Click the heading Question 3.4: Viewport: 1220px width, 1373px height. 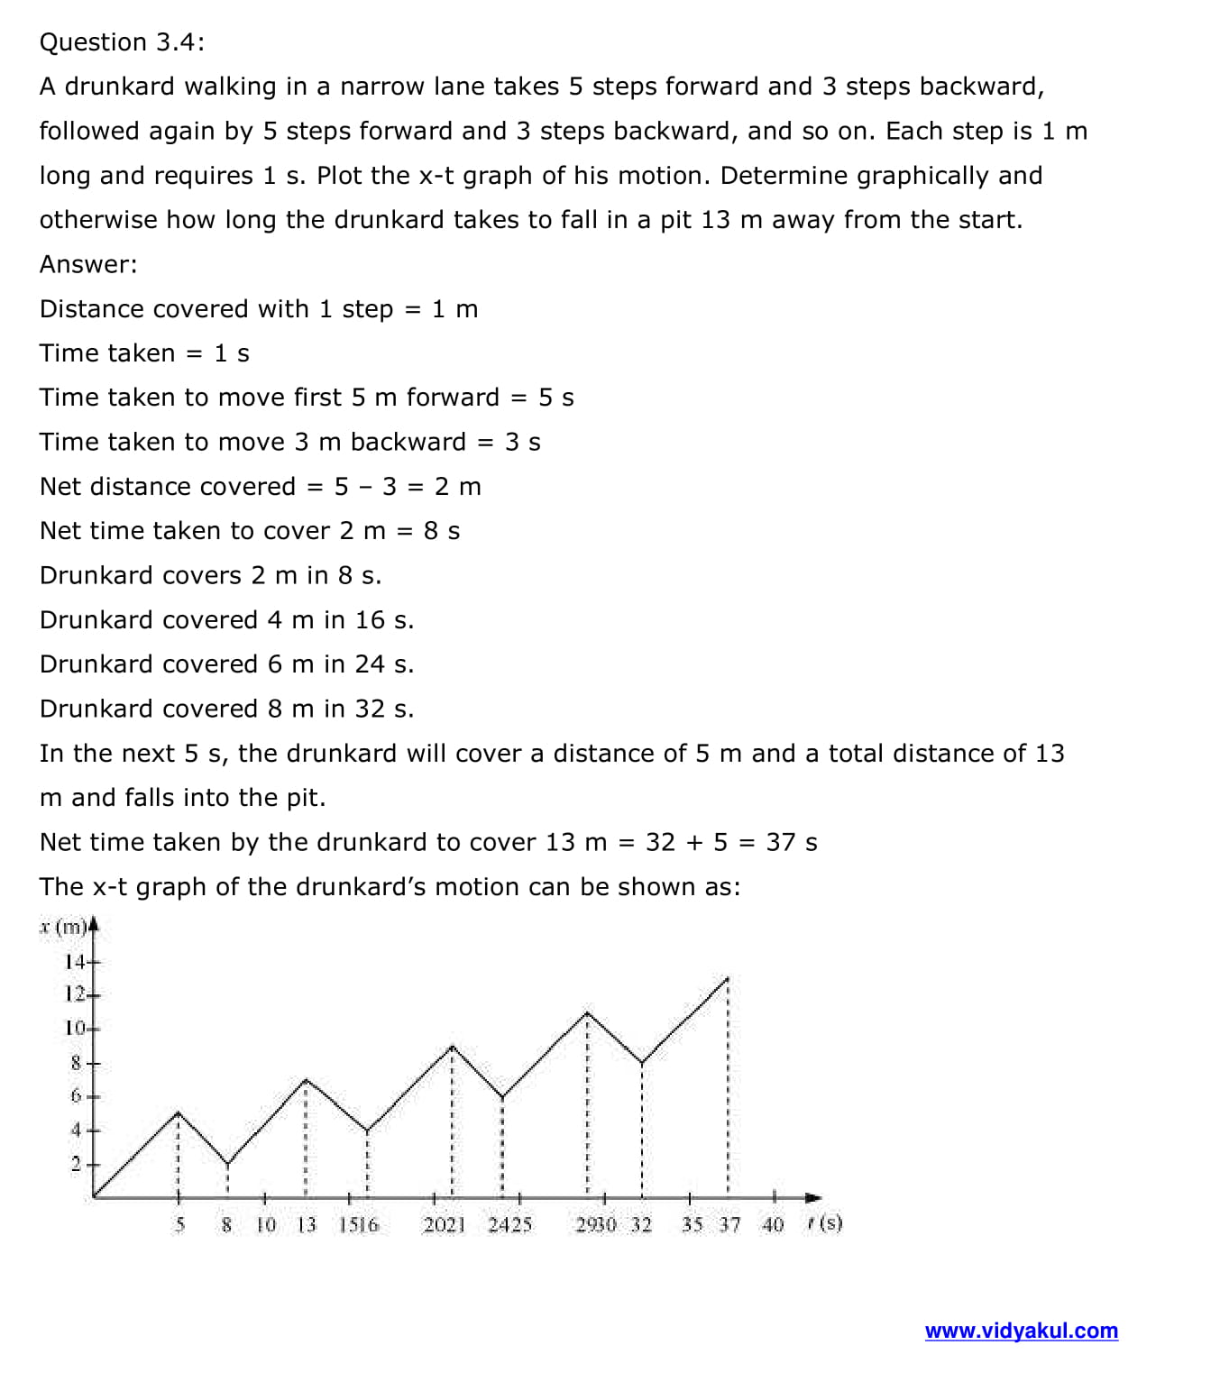(x=122, y=42)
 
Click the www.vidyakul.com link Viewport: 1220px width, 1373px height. (x=1021, y=1331)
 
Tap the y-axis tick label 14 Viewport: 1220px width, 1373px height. (x=75, y=962)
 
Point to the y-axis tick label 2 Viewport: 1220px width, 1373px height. (x=77, y=1164)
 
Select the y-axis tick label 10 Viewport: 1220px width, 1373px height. (x=75, y=1028)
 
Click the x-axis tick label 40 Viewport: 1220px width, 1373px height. (x=773, y=1224)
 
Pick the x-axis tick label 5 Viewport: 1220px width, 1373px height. (x=179, y=1224)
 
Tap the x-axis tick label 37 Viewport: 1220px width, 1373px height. (x=729, y=1224)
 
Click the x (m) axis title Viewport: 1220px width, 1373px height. (x=63, y=927)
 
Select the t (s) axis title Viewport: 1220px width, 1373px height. (x=825, y=1223)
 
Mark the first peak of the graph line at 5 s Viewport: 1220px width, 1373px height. (x=178, y=1112)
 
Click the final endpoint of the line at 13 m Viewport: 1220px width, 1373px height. (x=728, y=977)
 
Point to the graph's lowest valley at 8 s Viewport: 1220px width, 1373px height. (x=227, y=1164)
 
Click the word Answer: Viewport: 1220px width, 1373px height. (x=88, y=264)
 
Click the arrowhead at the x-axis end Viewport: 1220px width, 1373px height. (x=814, y=1197)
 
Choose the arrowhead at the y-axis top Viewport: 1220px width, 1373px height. (x=93, y=924)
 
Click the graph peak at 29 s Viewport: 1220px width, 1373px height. (x=587, y=1011)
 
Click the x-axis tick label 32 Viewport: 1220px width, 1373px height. (x=641, y=1224)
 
